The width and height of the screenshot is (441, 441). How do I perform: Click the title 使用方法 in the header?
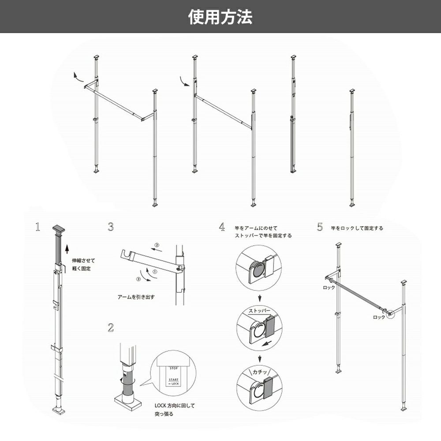[x=220, y=17]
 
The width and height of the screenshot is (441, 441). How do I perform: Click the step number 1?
[x=38, y=227]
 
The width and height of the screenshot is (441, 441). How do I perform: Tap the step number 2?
[x=111, y=328]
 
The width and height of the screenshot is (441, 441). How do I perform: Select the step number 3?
[x=111, y=227]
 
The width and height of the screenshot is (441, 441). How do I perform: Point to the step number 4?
[x=222, y=227]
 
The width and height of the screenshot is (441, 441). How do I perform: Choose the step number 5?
[x=320, y=227]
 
